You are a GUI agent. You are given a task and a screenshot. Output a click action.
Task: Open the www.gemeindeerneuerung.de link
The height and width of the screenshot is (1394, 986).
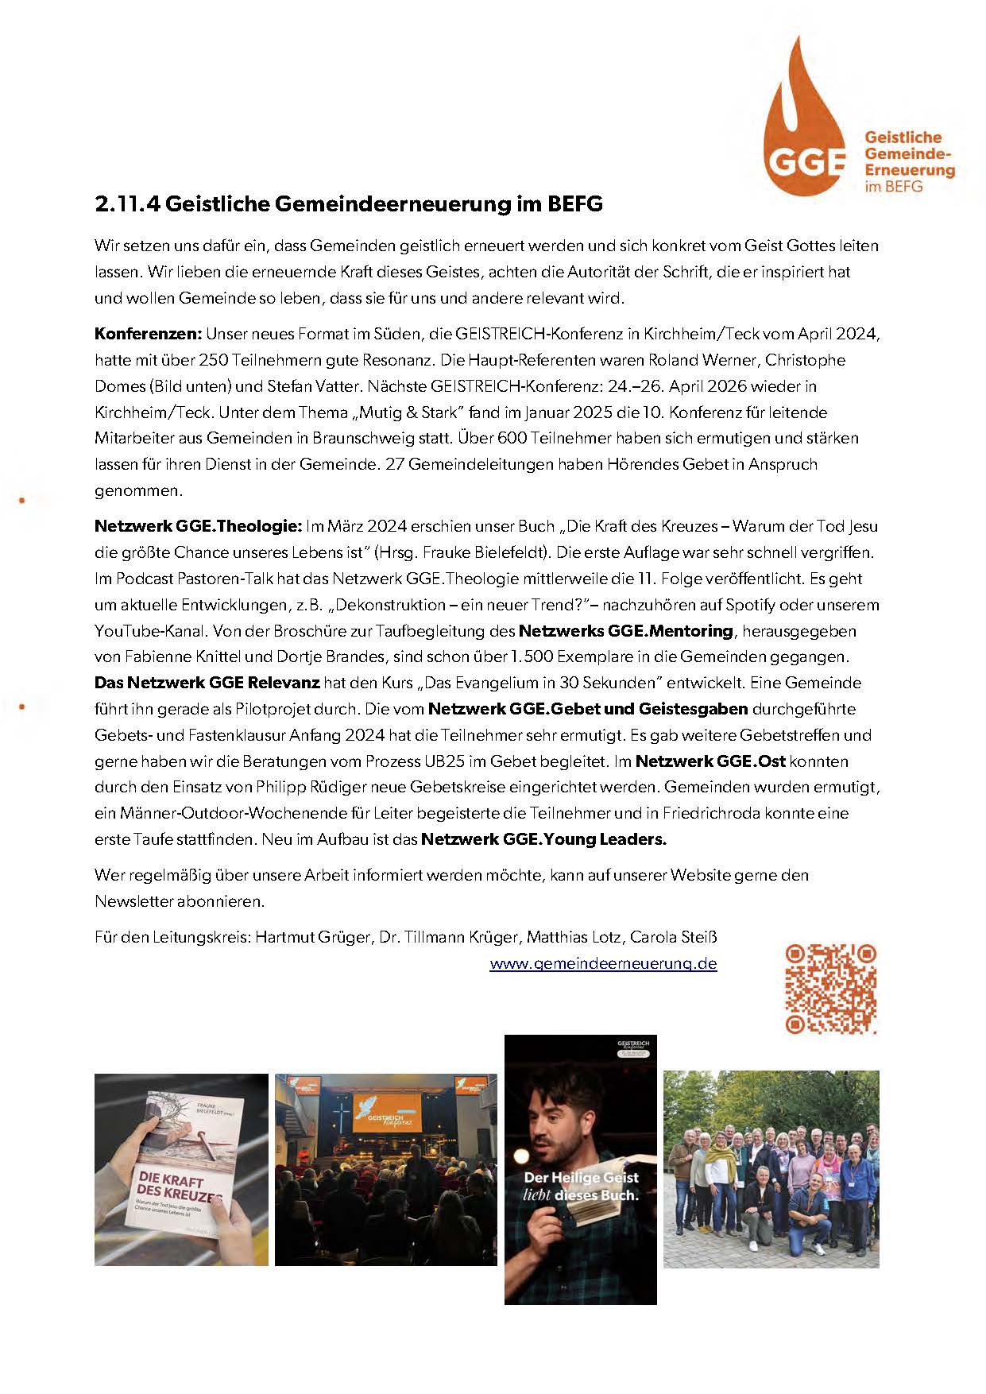point(603,964)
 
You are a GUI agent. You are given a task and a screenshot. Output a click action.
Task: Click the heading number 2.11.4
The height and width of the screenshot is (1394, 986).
point(128,204)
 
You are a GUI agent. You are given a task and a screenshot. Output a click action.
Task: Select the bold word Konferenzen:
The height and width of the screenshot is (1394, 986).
point(149,334)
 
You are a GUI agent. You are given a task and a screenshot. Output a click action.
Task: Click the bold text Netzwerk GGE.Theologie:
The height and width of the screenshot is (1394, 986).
point(198,526)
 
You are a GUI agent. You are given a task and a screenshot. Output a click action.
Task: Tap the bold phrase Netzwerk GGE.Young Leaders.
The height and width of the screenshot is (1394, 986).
point(543,839)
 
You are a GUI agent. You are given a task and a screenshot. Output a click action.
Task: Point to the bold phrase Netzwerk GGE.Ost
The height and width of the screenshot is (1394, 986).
point(710,761)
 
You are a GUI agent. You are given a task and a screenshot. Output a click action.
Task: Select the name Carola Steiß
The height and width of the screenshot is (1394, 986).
point(673,937)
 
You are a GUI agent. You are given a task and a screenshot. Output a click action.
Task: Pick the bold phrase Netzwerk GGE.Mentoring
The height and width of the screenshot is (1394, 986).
point(625,631)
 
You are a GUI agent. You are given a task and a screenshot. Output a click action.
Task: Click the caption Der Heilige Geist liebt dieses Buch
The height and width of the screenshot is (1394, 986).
point(580,1187)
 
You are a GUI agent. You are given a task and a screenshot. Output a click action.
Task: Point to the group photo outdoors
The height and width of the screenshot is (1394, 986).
point(771,1169)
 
